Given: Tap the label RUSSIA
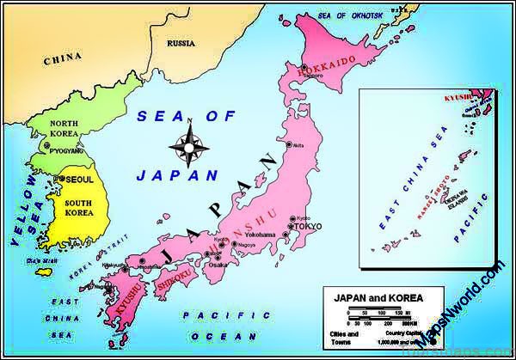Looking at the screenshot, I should point(181,42).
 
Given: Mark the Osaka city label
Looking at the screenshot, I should point(218,265).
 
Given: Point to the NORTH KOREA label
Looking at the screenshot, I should point(64,128).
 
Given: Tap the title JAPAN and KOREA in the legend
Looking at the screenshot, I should point(372,298).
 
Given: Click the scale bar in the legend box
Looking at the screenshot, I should point(383,316).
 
